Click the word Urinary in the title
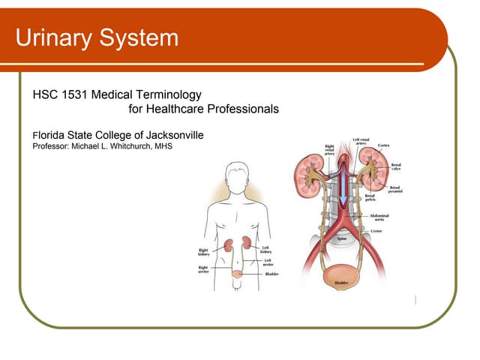pos(55,37)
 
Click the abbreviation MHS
pos(163,146)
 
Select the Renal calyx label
pos(395,166)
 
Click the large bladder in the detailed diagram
pos(340,280)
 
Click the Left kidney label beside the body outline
pos(265,249)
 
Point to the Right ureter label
pos(203,268)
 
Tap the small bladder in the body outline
pos(238,274)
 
